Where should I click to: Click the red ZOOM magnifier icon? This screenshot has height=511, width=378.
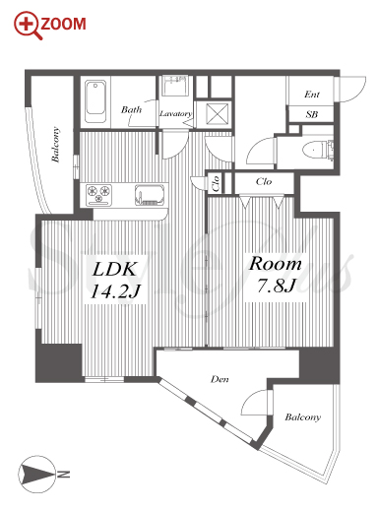[x=28, y=26]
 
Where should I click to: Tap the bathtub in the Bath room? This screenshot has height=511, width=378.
[x=95, y=101]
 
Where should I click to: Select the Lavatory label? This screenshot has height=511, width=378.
[x=175, y=113]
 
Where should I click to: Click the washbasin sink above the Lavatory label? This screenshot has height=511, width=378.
[x=175, y=86]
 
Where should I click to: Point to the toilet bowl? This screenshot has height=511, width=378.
[x=314, y=151]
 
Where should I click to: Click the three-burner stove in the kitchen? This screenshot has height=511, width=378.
[x=98, y=195]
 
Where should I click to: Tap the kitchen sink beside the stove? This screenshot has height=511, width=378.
[x=150, y=195]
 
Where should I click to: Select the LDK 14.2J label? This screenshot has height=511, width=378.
[x=115, y=280]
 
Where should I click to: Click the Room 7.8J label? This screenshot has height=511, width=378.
[x=275, y=275]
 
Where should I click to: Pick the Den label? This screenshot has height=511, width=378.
[x=220, y=379]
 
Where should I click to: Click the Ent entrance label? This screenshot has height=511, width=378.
[x=311, y=95]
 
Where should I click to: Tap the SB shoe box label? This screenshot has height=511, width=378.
[x=311, y=114]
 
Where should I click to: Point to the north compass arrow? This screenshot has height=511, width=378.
[x=36, y=474]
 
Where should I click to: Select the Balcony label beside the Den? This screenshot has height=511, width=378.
[x=302, y=417]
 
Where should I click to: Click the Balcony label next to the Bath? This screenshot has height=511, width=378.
[x=56, y=145]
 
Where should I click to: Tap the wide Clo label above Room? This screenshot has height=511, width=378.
[x=264, y=181]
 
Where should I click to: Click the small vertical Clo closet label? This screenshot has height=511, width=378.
[x=216, y=184]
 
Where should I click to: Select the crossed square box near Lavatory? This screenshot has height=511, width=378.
[x=217, y=113]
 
